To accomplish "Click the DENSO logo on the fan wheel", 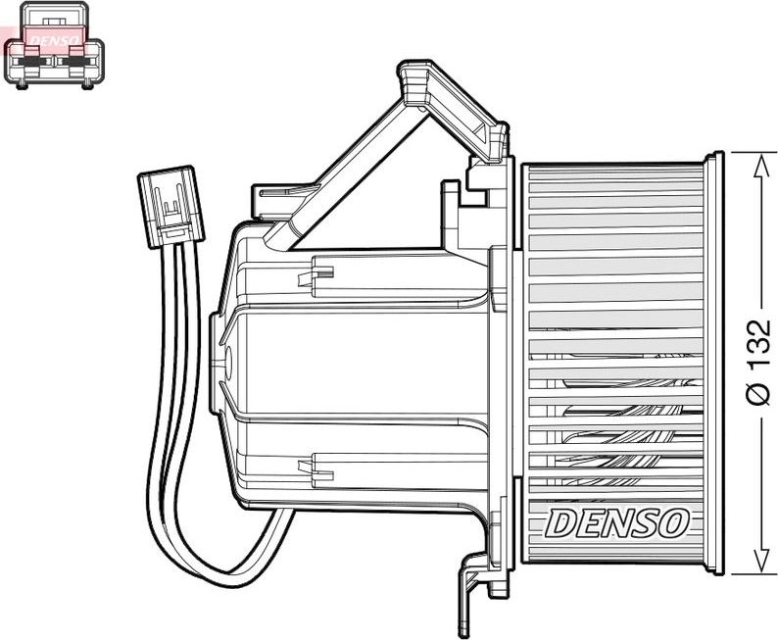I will [616, 522].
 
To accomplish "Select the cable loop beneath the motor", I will [225, 559].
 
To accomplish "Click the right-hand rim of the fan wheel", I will [713, 363].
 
